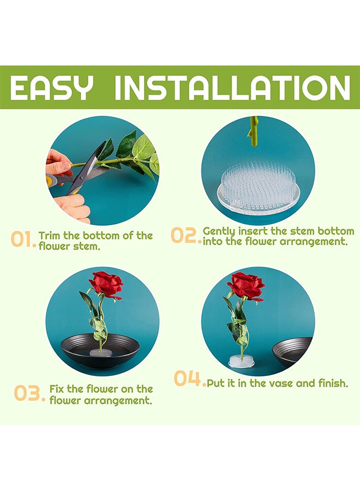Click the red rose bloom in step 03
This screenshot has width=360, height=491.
[106, 284]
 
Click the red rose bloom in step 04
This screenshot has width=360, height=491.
[246, 286]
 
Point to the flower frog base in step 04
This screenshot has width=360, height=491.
[241, 360]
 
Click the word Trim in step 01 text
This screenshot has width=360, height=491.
[50, 236]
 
